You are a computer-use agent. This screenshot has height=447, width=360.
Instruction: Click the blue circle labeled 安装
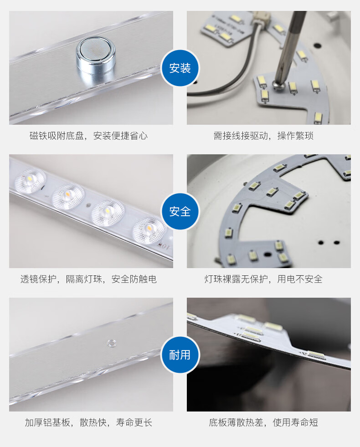point(180,68)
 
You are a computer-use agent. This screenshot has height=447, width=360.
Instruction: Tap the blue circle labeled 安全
point(180,212)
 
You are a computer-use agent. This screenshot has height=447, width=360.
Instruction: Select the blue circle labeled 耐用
point(180,355)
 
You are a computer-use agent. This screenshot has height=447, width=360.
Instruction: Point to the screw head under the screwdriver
point(277,84)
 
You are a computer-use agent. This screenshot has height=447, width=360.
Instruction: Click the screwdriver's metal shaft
point(290,46)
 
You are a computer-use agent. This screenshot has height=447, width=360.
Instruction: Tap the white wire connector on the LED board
point(260,20)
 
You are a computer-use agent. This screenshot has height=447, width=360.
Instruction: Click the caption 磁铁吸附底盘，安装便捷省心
point(88,136)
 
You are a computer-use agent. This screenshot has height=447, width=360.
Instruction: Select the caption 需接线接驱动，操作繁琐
point(263,136)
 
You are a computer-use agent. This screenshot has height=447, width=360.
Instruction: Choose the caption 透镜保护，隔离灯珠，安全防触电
point(88,279)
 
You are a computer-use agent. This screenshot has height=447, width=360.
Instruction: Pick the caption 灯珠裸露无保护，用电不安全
point(263,279)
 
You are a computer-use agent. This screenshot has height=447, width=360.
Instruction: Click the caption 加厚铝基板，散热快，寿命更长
point(88,422)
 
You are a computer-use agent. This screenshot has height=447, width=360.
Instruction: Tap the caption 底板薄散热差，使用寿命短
point(263,422)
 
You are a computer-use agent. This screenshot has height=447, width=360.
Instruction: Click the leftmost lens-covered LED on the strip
point(30,180)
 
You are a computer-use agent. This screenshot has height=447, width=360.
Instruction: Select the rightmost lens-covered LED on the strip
point(149,229)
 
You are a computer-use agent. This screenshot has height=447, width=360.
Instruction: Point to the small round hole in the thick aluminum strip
point(111,343)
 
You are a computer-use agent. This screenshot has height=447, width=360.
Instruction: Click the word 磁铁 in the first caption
point(39,136)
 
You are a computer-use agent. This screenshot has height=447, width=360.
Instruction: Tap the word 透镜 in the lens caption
point(30,279)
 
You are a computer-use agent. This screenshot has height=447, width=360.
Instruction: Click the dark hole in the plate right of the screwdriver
point(317,45)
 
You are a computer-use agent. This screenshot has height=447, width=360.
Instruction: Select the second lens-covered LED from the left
point(68,196)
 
